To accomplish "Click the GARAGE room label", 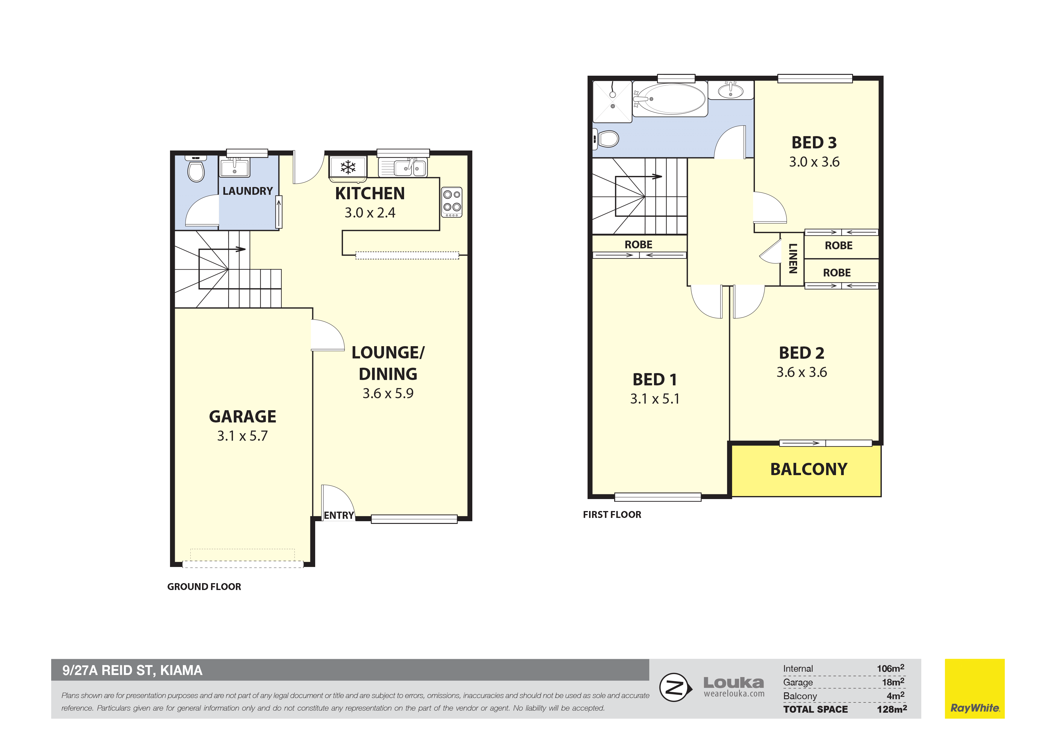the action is (x=242, y=416).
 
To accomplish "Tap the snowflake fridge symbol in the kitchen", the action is (x=348, y=167).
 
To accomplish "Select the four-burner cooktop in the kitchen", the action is (x=451, y=202).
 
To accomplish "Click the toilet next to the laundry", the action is (x=196, y=169).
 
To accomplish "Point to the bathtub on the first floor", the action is (x=670, y=99).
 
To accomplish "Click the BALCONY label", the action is (x=808, y=469).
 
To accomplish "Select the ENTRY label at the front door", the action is (x=339, y=515).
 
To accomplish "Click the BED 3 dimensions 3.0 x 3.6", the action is (x=814, y=162).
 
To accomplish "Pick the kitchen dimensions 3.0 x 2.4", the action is (x=370, y=213).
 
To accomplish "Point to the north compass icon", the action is (x=675, y=687).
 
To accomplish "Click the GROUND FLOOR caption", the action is (x=204, y=586).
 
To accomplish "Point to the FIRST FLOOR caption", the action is (x=612, y=515).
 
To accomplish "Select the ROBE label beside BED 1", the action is (x=638, y=244).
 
